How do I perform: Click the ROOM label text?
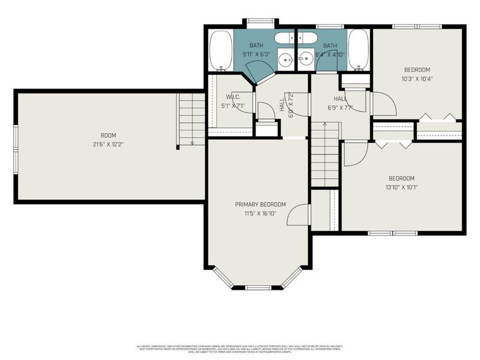[109, 136]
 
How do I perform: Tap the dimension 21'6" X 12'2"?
[109, 145]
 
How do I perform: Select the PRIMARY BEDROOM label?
[260, 205]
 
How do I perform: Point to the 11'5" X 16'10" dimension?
[260, 213]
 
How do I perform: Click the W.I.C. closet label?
[233, 97]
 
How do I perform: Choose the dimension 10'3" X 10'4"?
[417, 79]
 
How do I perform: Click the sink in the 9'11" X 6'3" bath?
[287, 59]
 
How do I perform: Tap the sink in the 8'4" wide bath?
[305, 59]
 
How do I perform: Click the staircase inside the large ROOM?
[192, 120]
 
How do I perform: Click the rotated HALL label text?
[281, 105]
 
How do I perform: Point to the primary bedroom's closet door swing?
[299, 215]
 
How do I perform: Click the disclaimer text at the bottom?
[240, 347]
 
